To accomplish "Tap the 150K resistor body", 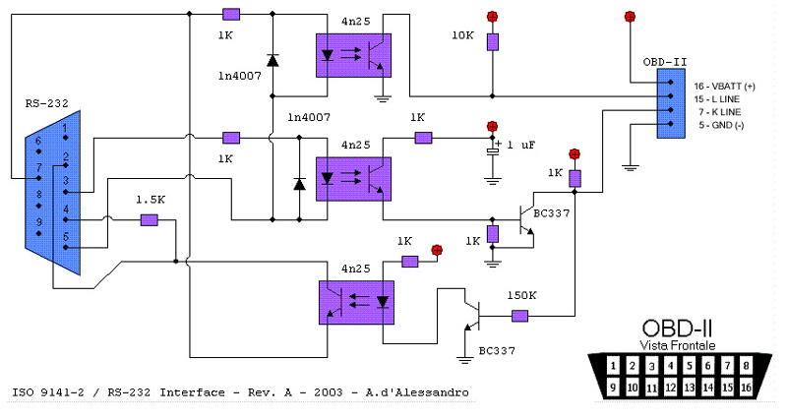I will (519, 316).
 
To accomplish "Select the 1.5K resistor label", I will (149, 200).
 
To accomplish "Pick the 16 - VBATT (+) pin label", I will (725, 86).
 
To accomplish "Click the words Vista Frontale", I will (678, 345).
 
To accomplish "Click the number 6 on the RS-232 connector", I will (39, 142).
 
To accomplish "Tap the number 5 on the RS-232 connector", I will (66, 235).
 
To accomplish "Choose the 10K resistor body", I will (492, 41).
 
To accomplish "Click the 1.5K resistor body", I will (150, 219).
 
